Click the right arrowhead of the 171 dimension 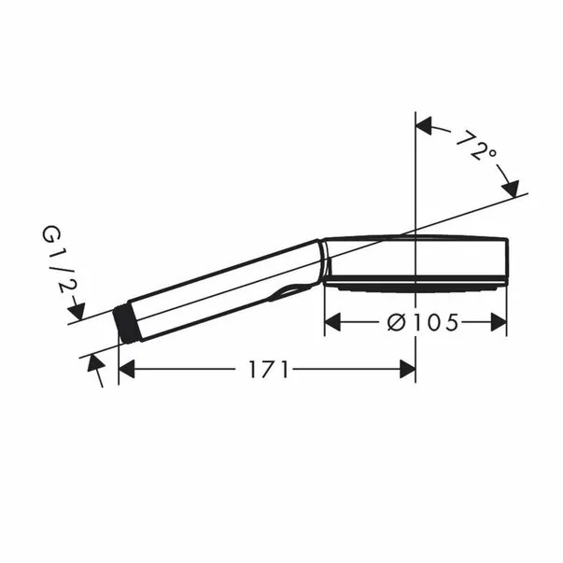[x=407, y=370]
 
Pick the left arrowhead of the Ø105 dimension [x=332, y=322]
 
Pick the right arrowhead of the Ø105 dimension [x=499, y=322]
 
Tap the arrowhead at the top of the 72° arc [x=424, y=124]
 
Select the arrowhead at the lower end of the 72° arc [x=511, y=190]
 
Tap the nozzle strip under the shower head [x=415, y=287]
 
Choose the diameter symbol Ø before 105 [x=395, y=322]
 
